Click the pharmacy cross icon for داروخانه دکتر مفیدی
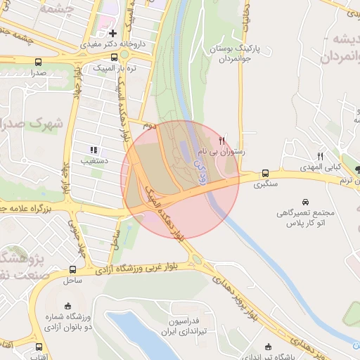[x=112, y=33]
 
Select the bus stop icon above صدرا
[x=37, y=62]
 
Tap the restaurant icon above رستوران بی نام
[x=222, y=139]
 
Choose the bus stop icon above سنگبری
[x=265, y=174]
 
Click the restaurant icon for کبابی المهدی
[x=321, y=155]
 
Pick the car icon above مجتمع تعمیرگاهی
[x=304, y=201]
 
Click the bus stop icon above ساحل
[x=73, y=269]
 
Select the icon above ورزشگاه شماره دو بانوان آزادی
[x=67, y=306]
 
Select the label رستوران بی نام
[x=223, y=151]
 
